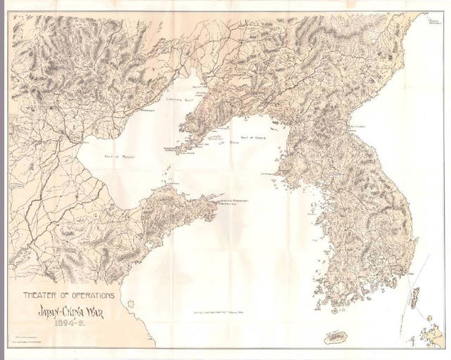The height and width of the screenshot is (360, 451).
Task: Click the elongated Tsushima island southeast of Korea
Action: click(415, 295)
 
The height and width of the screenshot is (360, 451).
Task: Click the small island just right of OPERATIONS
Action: click(129, 303)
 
